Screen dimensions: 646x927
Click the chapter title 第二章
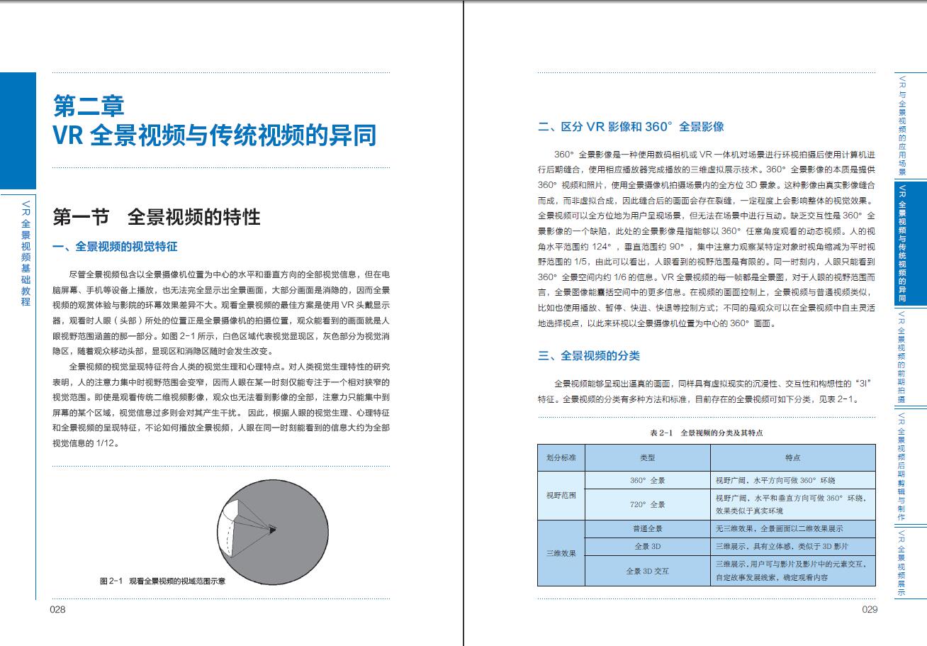[89, 106]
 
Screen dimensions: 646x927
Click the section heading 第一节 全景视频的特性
[157, 217]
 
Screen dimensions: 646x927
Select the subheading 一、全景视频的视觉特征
[115, 247]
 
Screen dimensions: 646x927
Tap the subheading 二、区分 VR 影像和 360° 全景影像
[631, 127]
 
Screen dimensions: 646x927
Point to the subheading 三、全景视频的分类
[589, 355]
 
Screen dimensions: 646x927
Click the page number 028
[57, 610]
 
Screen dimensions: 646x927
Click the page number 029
[870, 610]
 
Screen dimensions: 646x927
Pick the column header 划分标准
[561, 458]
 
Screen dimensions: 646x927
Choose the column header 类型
[647, 458]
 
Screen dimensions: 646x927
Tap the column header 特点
[792, 458]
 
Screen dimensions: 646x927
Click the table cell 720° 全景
[647, 504]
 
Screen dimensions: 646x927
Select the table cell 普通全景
[647, 529]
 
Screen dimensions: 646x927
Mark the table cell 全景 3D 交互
[647, 570]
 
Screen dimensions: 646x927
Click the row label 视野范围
[561, 495]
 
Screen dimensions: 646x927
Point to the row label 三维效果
[561, 552]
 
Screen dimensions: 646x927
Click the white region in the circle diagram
[232, 514]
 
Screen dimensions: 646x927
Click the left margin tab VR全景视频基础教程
[26, 252]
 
